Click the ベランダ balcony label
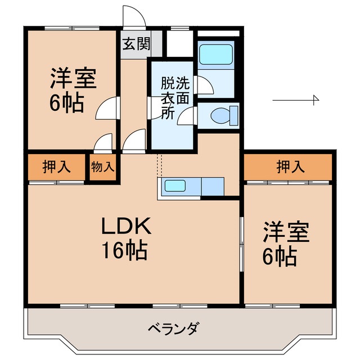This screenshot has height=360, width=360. pos(174,328)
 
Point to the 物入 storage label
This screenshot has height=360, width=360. pos(103,166)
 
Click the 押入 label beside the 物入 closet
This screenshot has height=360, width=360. pos(56,166)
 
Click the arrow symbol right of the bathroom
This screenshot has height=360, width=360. pos(296,100)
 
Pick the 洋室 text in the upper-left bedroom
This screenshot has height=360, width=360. pos(73,79)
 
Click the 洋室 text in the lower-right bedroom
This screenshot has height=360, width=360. pos(286,232)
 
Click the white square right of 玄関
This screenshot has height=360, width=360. pos(179,44)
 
